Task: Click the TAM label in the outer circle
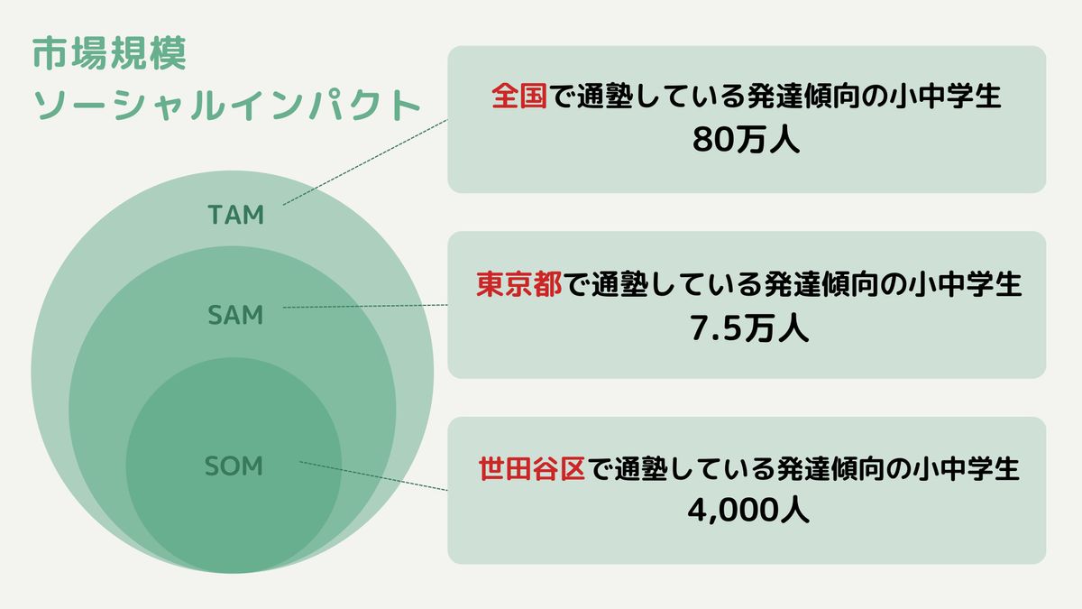(x=235, y=216)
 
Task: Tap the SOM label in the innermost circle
(x=234, y=466)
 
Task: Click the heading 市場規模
(x=109, y=56)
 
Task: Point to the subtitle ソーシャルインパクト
(x=226, y=105)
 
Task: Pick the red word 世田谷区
(x=533, y=469)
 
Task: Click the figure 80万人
(x=747, y=141)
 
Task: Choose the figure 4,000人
(x=747, y=511)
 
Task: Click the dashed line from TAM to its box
(x=365, y=162)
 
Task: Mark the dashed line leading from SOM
(x=373, y=476)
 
